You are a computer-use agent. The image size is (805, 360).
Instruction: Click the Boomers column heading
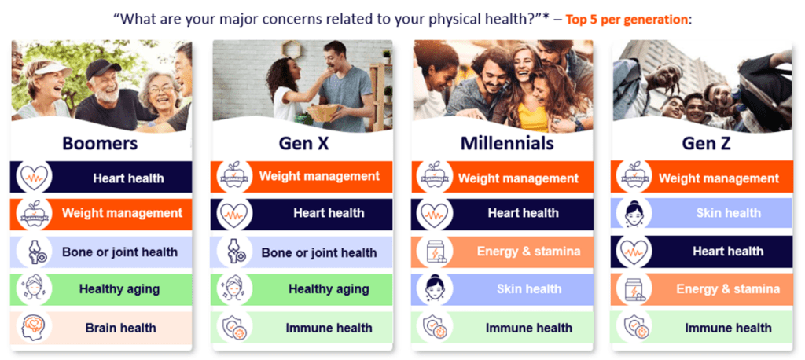[x=100, y=143]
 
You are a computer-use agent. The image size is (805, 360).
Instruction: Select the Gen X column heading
[x=303, y=144]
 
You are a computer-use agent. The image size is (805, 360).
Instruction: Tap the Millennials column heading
[x=507, y=143]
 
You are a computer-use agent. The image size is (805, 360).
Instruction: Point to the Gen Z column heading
[x=707, y=144]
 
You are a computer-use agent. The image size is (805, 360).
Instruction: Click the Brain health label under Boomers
[x=120, y=328]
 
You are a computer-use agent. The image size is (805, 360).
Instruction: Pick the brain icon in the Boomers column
[x=32, y=327]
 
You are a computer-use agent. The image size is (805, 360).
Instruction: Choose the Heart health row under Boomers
[x=101, y=177]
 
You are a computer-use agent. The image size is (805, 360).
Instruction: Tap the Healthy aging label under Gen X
[x=329, y=289]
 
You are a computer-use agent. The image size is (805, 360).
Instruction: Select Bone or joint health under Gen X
[x=319, y=252]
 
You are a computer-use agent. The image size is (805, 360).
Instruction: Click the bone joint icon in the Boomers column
[x=33, y=252]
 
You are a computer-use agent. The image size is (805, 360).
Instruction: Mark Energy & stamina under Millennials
[x=529, y=251]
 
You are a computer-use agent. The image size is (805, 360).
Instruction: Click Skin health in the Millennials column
[x=529, y=288]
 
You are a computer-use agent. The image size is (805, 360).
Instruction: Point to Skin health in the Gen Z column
[x=729, y=212]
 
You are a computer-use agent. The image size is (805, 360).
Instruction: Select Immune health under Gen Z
[x=728, y=328]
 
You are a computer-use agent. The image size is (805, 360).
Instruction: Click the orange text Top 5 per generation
[x=627, y=20]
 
